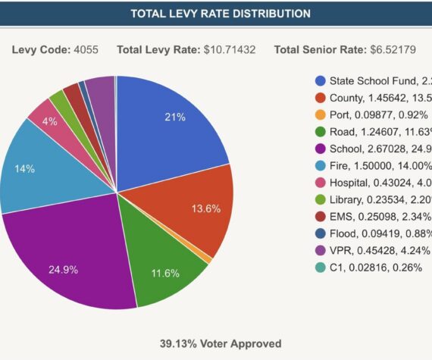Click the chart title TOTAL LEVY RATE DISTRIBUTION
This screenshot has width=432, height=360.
coord(220,14)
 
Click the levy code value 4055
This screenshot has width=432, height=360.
coord(86,50)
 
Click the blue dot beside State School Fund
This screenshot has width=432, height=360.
coord(321,81)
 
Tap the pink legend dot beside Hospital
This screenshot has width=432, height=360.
coord(321,183)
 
